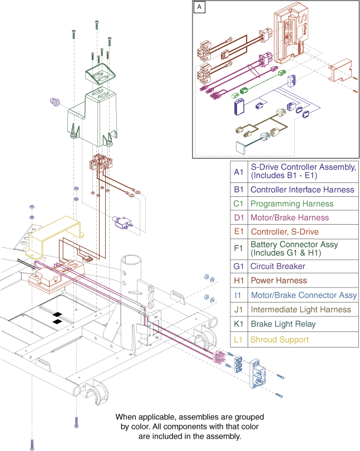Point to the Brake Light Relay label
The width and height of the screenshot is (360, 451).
(283, 324)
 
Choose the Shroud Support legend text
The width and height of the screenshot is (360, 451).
(279, 339)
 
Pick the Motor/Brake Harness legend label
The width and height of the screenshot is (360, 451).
(282, 218)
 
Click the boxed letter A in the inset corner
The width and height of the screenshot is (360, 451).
(199, 7)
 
